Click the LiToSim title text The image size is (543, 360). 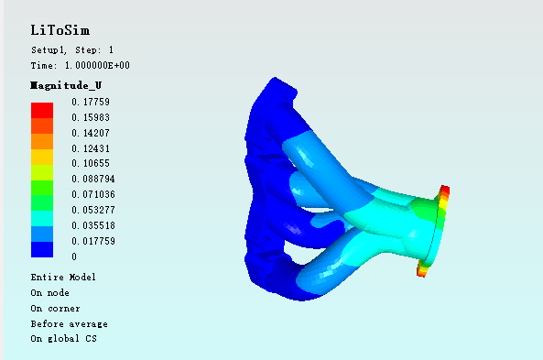60,30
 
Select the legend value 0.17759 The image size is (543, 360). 91,102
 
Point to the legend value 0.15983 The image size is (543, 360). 91,117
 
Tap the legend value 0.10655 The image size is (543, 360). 91,163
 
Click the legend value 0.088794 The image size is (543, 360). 93,179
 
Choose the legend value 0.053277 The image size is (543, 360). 93,210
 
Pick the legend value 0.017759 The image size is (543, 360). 93,241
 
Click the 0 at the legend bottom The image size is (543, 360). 74,256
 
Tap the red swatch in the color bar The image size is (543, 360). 42,110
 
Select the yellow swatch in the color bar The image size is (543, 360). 42,157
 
